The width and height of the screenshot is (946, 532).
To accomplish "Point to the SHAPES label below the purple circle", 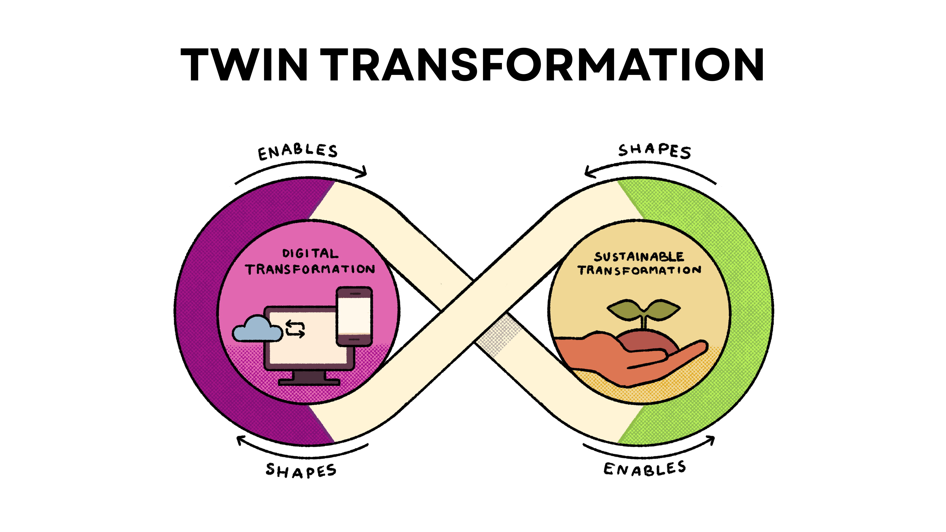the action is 301,470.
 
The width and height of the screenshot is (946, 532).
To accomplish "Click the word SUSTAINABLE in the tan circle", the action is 639,257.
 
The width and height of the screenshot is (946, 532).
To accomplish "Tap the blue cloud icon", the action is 257,329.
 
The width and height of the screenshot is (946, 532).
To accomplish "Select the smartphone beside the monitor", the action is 354,316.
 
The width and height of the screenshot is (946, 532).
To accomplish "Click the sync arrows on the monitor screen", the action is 295,329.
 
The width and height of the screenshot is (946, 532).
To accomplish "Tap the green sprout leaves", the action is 643,309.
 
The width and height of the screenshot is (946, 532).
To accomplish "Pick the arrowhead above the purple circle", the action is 362,172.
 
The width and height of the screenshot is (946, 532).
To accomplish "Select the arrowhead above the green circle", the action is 590,172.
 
